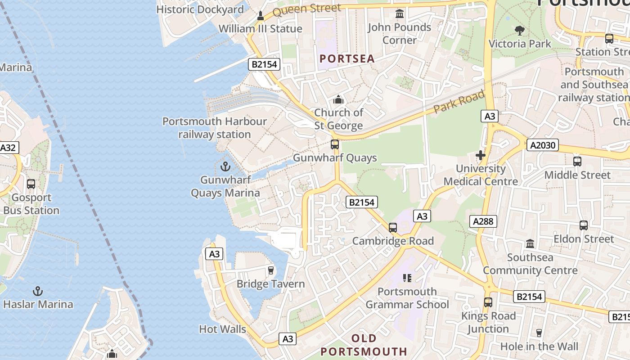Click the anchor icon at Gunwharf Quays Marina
225,167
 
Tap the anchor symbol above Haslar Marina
38,291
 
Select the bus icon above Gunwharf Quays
335,144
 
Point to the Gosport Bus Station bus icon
31,184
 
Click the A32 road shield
8,148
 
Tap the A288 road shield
484,221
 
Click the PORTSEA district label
347,58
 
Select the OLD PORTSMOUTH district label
364,345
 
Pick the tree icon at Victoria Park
520,31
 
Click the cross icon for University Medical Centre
481,156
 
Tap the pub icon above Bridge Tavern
270,270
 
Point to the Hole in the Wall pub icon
539,333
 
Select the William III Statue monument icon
260,16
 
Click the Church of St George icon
338,99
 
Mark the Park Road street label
459,102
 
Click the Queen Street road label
306,9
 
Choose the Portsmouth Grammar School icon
407,278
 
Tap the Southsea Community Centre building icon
530,244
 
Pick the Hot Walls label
222,329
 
